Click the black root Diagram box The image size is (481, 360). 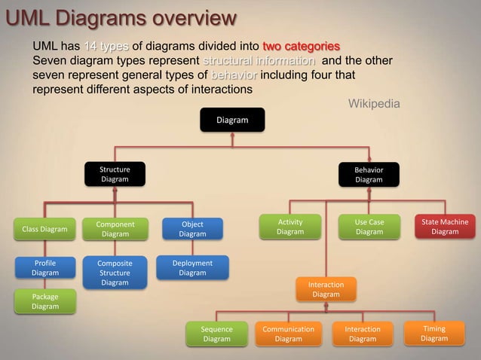click(x=232, y=120)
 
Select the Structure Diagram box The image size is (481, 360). click(x=115, y=175)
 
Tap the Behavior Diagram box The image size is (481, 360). click(x=369, y=175)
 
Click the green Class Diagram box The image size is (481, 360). click(x=44, y=229)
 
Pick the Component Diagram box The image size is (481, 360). click(x=115, y=229)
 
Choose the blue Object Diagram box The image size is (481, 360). click(x=192, y=229)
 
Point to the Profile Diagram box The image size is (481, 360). click(x=44, y=268)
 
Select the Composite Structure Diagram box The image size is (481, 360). click(x=115, y=273)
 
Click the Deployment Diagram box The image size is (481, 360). click(x=192, y=268)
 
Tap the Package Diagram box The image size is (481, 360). click(x=44, y=301)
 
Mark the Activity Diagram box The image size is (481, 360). click(x=290, y=227)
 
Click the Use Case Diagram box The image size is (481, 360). click(x=369, y=227)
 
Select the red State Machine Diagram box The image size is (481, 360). click(x=445, y=227)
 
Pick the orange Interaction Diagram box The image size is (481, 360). click(x=326, y=289)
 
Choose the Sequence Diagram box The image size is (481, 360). click(x=216, y=334)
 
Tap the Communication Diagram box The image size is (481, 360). click(x=288, y=334)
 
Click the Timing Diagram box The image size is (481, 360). click(x=434, y=334)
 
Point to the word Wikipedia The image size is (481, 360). click(x=374, y=103)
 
